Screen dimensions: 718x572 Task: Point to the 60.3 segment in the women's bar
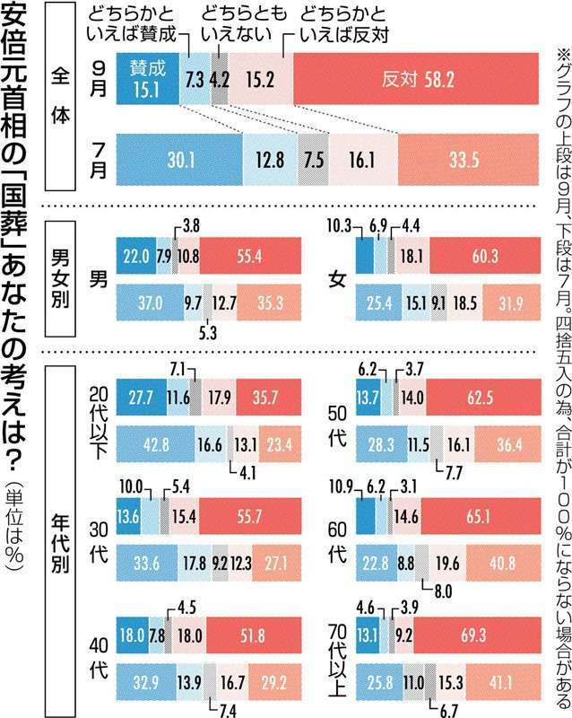click(x=484, y=257)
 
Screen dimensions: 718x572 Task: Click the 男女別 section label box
click(x=72, y=277)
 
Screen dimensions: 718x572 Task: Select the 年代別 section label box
click(x=72, y=538)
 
